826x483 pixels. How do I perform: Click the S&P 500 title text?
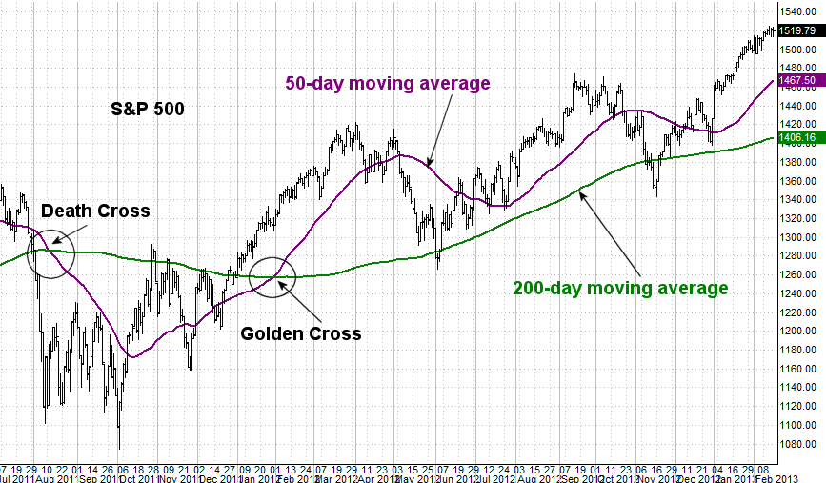[147, 109]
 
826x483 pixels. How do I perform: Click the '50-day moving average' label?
[388, 83]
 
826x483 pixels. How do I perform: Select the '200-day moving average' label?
[620, 287]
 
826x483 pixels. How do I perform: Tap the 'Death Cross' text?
[95, 211]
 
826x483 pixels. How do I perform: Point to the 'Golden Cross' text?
[301, 333]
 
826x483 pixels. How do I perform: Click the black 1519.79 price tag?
[796, 30]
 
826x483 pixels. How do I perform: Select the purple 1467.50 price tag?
[796, 81]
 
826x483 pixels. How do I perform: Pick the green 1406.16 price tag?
[796, 138]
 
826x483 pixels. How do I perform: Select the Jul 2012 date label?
[495, 476]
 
